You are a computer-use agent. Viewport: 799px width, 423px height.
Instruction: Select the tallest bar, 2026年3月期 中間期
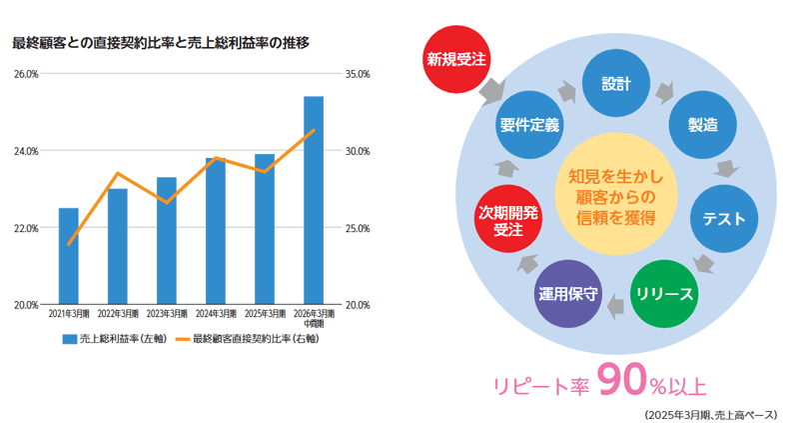click(x=314, y=200)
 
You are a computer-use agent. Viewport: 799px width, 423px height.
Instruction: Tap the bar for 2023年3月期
click(x=167, y=240)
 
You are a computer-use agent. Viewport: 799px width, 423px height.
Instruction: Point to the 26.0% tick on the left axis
click(x=26, y=74)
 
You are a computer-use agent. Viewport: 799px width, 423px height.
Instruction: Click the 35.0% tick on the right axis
click(x=357, y=74)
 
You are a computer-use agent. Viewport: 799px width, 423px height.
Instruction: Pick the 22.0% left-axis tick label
click(x=26, y=228)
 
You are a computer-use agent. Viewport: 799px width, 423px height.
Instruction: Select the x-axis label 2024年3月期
click(x=216, y=314)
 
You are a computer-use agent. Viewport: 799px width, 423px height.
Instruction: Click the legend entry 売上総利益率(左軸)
click(x=115, y=339)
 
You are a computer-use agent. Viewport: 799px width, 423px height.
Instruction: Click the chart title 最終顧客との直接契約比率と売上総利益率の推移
click(x=161, y=43)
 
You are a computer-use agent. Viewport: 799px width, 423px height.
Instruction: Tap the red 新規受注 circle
click(x=455, y=60)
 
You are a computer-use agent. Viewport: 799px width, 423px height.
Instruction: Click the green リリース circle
click(x=664, y=294)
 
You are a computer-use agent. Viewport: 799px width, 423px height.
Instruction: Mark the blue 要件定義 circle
click(x=529, y=124)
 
